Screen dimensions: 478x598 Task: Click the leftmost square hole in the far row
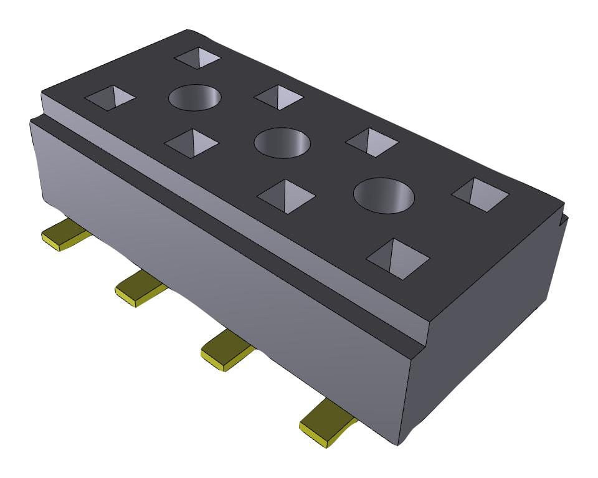198,59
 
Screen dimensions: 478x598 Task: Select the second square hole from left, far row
278,97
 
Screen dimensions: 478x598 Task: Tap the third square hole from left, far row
372,142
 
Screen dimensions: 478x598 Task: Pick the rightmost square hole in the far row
480,193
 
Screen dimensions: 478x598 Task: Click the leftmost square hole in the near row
110,97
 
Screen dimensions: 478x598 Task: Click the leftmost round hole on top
195,97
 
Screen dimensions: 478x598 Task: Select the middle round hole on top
282,142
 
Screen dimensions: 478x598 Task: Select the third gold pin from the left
227,351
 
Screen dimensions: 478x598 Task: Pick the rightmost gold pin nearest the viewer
327,421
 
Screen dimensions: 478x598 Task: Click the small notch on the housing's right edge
564,219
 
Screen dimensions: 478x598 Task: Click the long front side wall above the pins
218,262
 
